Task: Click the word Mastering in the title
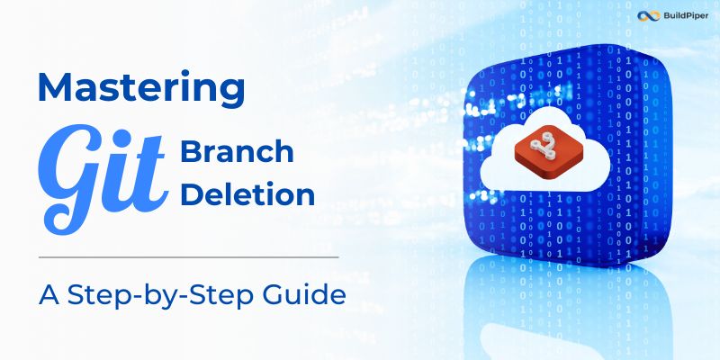pos(140,87)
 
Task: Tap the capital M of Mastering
pos(55,87)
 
